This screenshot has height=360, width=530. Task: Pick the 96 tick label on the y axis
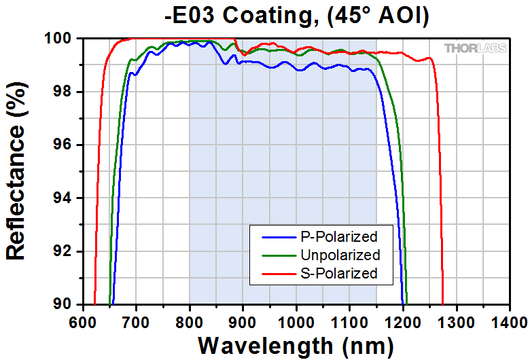pos(65,145)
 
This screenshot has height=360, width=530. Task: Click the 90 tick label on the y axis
pos(65,304)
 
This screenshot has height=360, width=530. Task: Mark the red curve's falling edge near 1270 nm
pos(440,204)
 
